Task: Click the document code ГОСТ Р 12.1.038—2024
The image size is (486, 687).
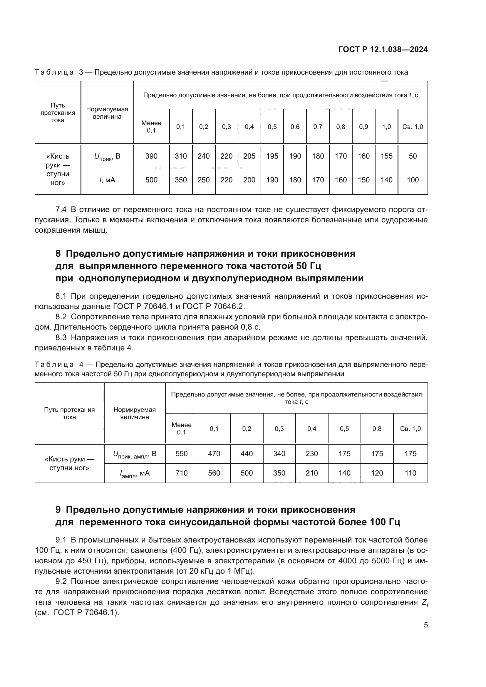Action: click(383, 50)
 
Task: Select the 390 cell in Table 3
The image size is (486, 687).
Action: click(151, 156)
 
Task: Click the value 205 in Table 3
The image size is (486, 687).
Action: click(249, 156)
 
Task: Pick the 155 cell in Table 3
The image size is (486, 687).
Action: click(386, 156)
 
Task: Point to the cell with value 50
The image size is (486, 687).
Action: click(413, 156)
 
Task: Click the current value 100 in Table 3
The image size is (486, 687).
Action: click(413, 180)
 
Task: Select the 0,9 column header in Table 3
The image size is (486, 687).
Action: click(363, 127)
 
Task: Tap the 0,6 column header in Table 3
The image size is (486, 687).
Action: click(295, 127)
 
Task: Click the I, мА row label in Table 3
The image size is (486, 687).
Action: click(107, 180)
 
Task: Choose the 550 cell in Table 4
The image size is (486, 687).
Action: click(181, 454)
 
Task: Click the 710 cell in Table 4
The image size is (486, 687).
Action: click(181, 473)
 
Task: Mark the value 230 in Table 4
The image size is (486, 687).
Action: click(311, 454)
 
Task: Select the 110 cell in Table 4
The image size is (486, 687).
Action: click(410, 473)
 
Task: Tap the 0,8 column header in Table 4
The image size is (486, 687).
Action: click(377, 429)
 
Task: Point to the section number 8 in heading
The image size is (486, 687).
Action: click(58, 254)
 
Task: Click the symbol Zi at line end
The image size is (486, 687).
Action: click(425, 603)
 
